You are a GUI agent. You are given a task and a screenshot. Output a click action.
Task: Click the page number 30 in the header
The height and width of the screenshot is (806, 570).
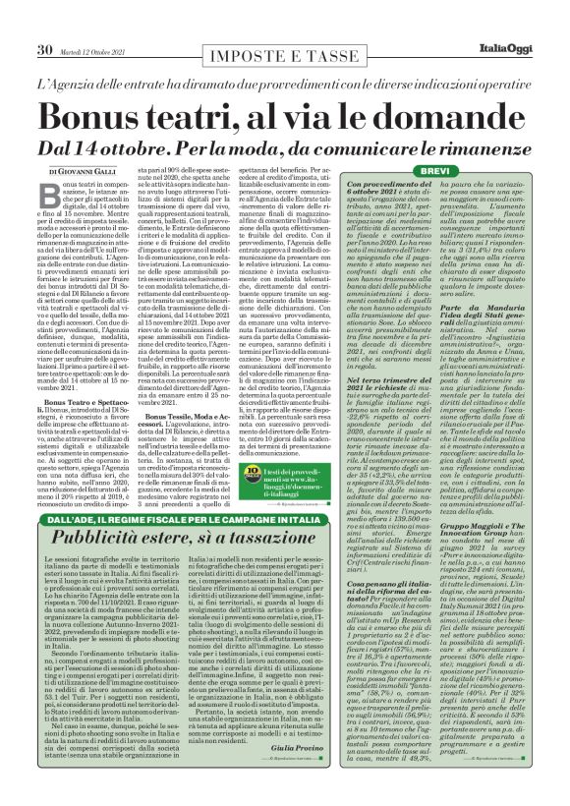[44, 22]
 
